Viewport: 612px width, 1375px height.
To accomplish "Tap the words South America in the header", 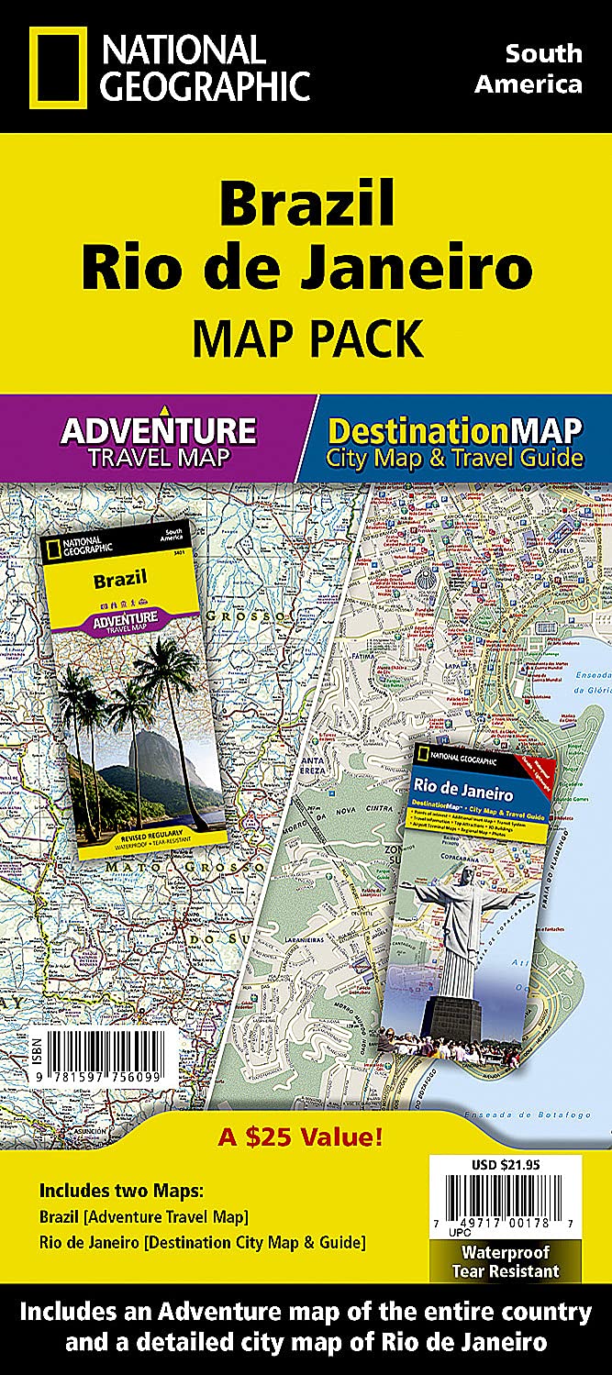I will click(x=543, y=69).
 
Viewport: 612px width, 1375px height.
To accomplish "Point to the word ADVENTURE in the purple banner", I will click(x=158, y=430).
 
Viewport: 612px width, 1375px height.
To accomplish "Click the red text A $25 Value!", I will click(x=300, y=1139).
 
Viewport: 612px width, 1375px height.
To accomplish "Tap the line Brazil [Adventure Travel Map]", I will click(x=144, y=1217).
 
